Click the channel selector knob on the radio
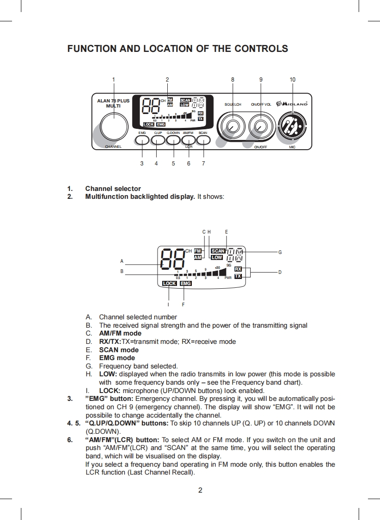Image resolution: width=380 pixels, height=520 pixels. pyautogui.click(x=114, y=126)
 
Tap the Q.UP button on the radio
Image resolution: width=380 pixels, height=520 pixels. pyautogui.click(x=158, y=140)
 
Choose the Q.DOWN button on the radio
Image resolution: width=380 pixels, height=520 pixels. pyautogui.click(x=173, y=140)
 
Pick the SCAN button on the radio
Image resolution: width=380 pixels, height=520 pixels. pyautogui.click(x=203, y=140)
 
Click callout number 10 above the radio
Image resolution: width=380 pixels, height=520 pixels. pyautogui.click(x=292, y=80)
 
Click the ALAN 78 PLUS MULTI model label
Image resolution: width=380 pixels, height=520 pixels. pyautogui.click(x=114, y=103)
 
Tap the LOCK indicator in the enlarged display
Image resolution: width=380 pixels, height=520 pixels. pyautogui.click(x=169, y=283)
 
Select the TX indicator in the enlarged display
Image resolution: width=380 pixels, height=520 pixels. pyautogui.click(x=238, y=276)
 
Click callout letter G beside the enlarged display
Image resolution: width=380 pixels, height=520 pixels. pyautogui.click(x=280, y=252)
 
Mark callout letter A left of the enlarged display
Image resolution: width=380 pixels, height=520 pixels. pyautogui.click(x=122, y=261)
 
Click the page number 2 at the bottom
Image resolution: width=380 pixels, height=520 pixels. pyautogui.click(x=200, y=490)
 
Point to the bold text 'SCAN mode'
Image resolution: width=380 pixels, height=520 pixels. pyautogui.click(x=119, y=350)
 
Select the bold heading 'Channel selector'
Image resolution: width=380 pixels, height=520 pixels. pyautogui.click(x=113, y=189)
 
